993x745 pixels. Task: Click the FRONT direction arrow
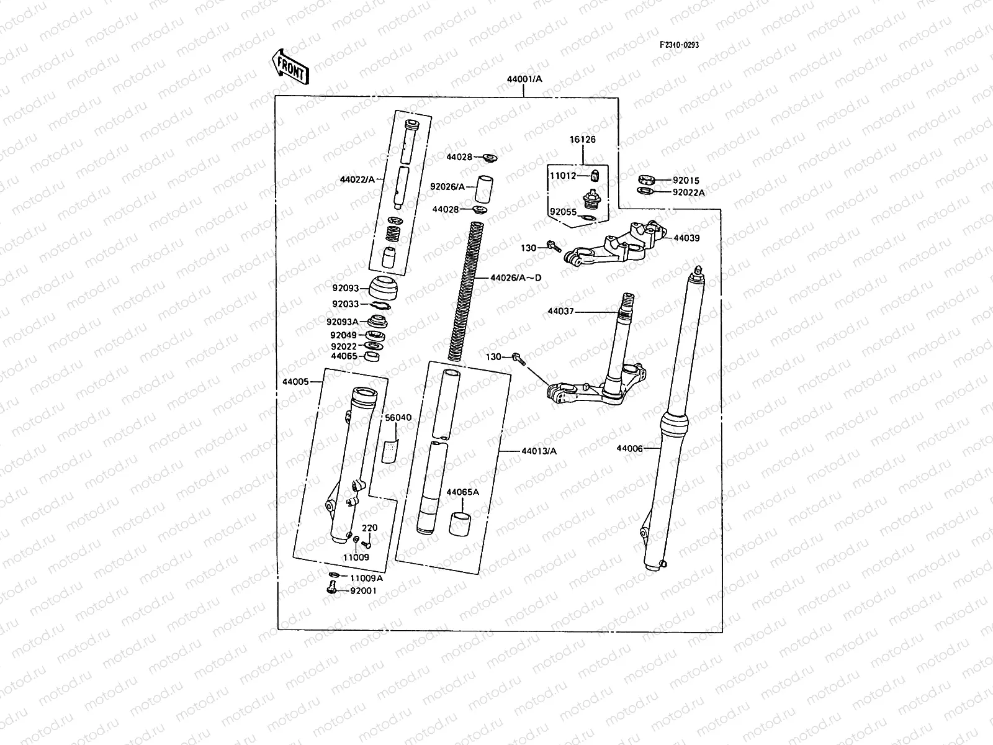290,67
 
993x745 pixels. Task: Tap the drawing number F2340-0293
679,45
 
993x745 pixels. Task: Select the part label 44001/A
524,79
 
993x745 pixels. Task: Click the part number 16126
583,139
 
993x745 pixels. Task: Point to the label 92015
686,181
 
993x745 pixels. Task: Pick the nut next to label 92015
647,179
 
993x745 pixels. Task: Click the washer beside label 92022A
645,191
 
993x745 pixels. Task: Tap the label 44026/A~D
516,278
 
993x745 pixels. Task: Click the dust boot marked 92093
384,287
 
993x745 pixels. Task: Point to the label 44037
560,311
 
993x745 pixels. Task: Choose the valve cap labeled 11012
595,175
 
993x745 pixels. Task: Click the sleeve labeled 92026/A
483,189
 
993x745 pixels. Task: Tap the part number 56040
398,417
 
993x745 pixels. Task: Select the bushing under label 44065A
460,524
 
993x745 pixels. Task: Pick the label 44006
629,449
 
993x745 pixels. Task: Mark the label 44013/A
539,451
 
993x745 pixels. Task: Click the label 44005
295,382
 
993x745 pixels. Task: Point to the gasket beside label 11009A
335,575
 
